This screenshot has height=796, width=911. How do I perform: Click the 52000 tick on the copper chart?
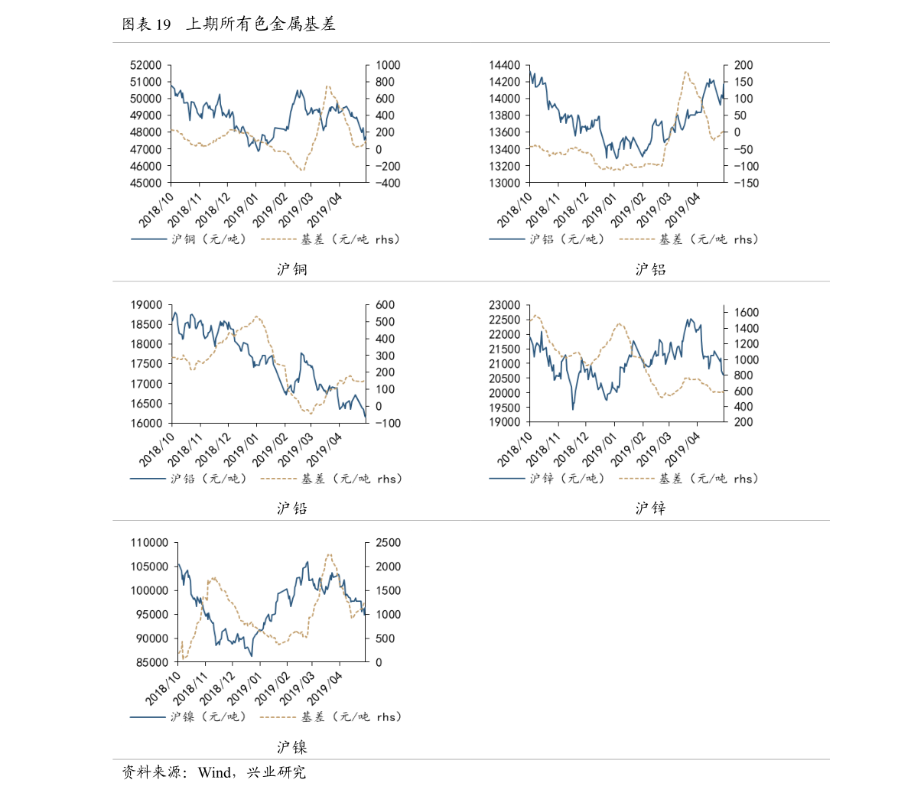[145, 66]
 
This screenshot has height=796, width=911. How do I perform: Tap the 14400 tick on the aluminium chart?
[504, 66]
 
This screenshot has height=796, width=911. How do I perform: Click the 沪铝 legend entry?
[567, 239]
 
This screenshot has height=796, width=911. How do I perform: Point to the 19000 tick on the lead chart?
[145, 305]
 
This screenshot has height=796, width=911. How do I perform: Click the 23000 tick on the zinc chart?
[504, 305]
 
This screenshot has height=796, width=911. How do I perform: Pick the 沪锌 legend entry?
[567, 479]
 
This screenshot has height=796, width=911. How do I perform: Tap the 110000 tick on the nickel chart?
[149, 543]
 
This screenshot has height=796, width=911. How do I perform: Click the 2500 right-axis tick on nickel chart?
[388, 543]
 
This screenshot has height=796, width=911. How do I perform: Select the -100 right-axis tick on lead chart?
[384, 423]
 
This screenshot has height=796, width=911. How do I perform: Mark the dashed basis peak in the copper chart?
[327, 86]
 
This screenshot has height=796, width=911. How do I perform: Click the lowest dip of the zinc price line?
[573, 409]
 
